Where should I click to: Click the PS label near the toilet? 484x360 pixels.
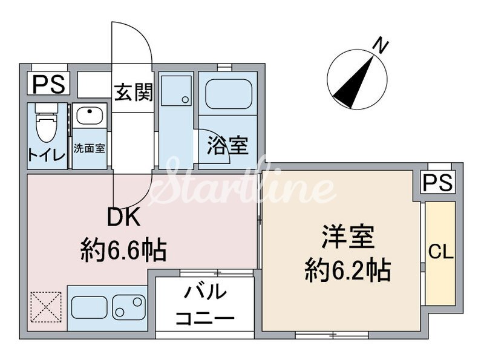point(48,83)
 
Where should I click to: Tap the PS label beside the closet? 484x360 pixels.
point(437,183)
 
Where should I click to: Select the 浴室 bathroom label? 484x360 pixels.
point(227,145)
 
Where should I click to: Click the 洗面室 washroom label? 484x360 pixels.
point(90,148)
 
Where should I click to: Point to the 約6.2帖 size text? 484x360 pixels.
point(347,269)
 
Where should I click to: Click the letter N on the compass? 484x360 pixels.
point(380,45)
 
